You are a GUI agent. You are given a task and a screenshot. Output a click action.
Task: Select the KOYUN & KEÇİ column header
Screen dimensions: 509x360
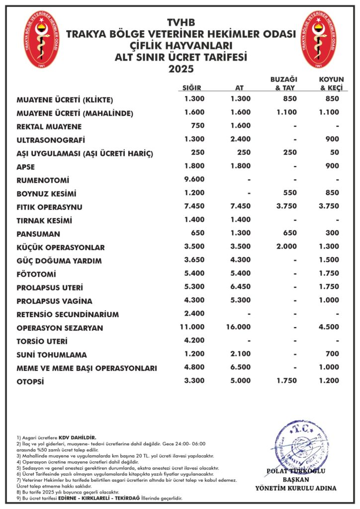point(331,84)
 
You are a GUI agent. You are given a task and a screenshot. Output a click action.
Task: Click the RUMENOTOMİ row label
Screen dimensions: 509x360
point(43,180)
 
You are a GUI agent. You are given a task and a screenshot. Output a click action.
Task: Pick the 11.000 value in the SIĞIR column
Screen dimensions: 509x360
point(192,328)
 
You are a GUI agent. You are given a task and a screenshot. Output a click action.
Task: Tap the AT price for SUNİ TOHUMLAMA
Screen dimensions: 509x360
point(241,354)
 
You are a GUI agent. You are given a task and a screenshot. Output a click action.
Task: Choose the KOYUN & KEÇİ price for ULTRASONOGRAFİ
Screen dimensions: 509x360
point(332,139)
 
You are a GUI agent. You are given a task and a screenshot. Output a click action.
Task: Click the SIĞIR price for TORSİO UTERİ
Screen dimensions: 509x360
point(194,341)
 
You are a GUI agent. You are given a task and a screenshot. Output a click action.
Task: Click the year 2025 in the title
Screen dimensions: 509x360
point(180,69)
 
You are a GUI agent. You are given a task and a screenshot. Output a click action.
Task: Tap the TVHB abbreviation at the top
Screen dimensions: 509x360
point(180,23)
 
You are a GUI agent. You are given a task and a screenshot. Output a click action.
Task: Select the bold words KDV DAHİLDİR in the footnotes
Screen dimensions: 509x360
point(77,437)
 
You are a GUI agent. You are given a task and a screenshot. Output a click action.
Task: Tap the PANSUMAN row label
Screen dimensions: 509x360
point(38,234)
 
